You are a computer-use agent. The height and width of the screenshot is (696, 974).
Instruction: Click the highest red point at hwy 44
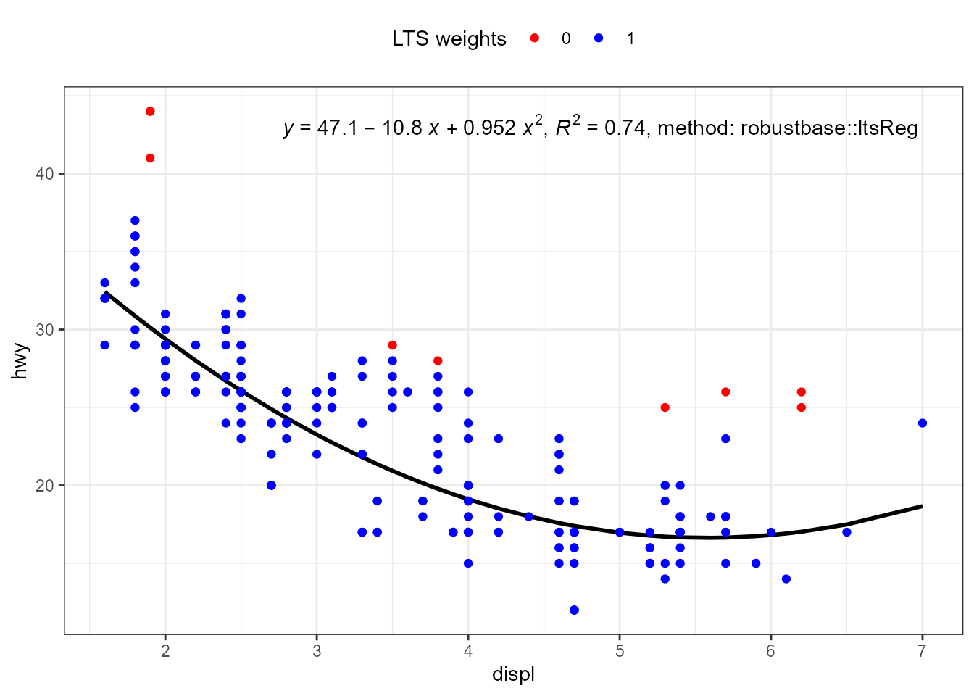tap(150, 111)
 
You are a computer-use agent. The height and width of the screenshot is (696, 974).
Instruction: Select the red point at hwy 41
tap(150, 158)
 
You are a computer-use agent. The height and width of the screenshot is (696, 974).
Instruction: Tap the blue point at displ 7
tap(922, 423)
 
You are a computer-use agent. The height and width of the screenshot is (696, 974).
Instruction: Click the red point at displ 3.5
tap(392, 345)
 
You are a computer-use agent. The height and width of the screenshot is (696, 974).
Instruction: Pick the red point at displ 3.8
tap(438, 360)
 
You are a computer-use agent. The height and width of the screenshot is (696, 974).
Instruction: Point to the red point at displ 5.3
tap(665, 407)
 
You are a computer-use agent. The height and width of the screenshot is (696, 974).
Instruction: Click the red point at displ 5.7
tap(725, 391)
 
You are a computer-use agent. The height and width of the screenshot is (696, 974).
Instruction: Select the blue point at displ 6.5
tap(846, 532)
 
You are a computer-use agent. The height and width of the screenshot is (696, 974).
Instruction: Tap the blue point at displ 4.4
tap(528, 516)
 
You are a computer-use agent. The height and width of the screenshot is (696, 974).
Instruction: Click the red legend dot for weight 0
tap(535, 38)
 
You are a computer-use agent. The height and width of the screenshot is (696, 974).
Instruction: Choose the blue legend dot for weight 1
tap(599, 38)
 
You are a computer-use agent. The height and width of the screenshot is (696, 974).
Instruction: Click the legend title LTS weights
tap(449, 39)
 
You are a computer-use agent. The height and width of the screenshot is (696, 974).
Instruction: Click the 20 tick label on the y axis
tap(45, 486)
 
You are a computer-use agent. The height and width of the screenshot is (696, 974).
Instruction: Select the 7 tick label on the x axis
tap(922, 650)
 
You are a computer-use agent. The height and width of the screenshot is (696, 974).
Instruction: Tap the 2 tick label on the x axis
tap(165, 650)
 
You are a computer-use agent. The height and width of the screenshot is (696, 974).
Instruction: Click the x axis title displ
tap(513, 674)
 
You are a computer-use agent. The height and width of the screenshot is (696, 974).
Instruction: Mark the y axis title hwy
tap(20, 360)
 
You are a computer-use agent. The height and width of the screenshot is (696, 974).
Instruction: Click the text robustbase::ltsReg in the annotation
tap(829, 128)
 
